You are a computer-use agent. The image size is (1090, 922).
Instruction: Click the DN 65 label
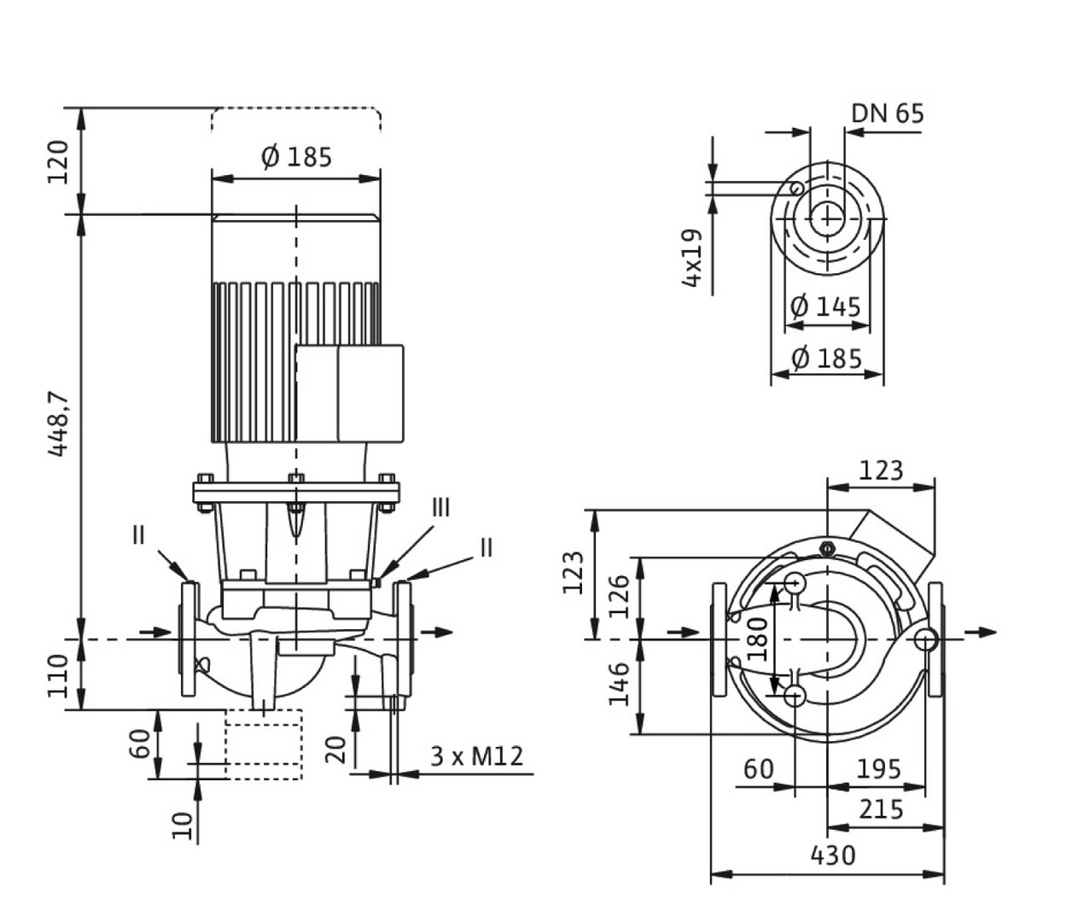click(887, 113)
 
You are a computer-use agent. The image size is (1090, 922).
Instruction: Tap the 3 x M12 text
click(476, 756)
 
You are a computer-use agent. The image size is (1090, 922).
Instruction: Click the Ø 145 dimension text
click(825, 306)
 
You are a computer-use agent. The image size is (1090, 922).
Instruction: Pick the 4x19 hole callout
click(692, 257)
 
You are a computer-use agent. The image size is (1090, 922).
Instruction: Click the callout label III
click(440, 508)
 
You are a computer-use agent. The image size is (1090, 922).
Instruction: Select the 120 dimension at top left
click(58, 161)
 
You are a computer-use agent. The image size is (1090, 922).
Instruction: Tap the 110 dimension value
click(58, 675)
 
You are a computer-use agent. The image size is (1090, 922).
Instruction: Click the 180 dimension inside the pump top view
click(758, 639)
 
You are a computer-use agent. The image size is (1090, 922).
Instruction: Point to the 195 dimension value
click(877, 769)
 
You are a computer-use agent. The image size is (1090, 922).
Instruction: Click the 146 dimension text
click(621, 684)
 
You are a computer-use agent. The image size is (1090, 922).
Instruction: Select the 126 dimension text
click(621, 597)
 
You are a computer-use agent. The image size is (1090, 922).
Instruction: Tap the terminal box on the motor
click(349, 393)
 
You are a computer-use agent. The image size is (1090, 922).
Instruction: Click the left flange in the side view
click(189, 639)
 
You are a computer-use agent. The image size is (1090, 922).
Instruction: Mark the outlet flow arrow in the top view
click(982, 632)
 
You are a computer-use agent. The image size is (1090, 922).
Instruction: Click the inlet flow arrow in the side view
click(154, 632)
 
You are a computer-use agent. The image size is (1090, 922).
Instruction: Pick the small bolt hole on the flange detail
click(796, 188)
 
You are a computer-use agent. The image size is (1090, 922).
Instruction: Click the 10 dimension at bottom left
click(182, 825)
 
